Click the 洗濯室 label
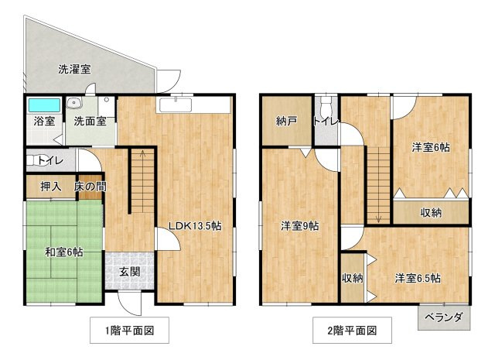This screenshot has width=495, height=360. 74,69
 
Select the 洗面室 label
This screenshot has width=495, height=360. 90,121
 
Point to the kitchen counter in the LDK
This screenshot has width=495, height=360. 193,105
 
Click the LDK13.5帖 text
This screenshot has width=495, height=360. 195,226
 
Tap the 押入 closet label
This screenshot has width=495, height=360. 50,187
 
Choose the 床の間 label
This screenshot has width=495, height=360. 90,187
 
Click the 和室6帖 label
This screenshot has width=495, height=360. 63,252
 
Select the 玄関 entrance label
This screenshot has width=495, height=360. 129,272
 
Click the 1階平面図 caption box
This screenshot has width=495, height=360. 128,331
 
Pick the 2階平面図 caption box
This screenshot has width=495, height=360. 351,331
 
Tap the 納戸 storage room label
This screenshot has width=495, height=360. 286,122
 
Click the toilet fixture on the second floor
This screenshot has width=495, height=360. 325,106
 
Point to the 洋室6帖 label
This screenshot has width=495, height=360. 431,147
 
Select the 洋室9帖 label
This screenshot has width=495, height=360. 299,226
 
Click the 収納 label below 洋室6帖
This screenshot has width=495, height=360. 431,212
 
